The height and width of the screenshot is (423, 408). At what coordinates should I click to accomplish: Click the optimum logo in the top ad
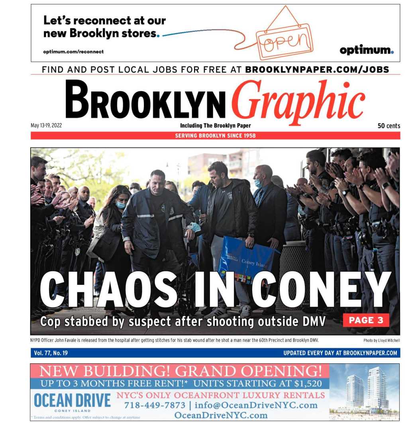(x=366, y=50)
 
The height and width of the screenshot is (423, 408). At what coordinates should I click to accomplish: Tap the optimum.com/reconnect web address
(x=73, y=52)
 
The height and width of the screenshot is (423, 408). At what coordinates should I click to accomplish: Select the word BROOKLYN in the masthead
(x=145, y=100)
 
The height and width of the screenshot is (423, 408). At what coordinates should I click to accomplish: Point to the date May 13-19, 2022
(x=46, y=125)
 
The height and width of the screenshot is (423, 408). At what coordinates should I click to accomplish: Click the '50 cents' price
(x=388, y=126)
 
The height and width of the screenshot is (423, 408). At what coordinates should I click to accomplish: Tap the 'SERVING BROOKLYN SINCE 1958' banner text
(x=215, y=136)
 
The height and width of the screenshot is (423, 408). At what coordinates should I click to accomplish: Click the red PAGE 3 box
(x=366, y=320)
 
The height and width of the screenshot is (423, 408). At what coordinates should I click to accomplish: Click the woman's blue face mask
(x=121, y=205)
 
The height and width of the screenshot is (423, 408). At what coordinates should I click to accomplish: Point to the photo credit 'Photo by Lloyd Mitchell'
(x=381, y=341)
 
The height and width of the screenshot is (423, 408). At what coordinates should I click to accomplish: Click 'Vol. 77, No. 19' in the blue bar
(x=51, y=353)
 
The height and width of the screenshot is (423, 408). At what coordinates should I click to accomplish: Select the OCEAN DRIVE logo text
(x=72, y=400)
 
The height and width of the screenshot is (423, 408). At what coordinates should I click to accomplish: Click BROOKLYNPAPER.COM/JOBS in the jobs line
(x=317, y=69)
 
